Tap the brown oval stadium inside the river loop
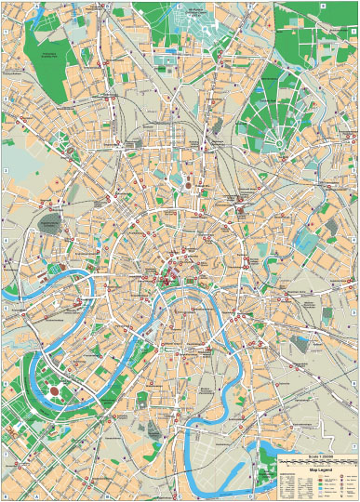point(54,390)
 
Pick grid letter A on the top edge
point(38,3)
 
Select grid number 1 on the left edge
point(4,33)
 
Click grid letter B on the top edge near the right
point(321,3)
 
